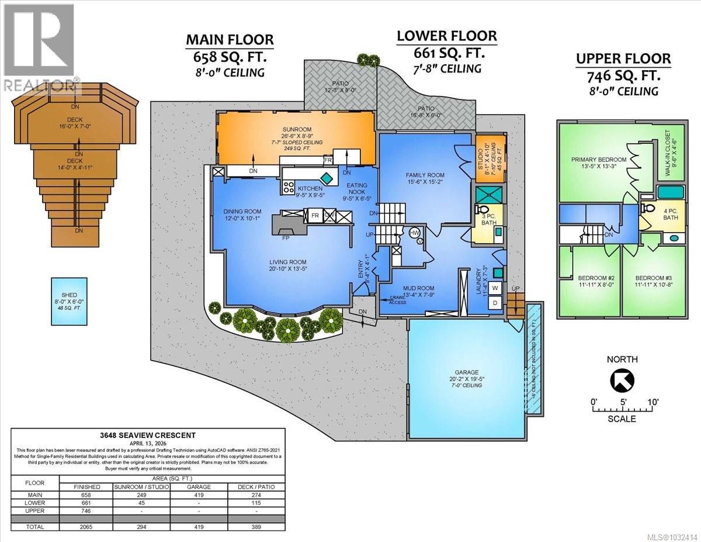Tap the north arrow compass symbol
pos(623,381)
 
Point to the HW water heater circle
pos(414,233)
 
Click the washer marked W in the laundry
pos(494,288)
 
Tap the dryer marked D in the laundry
pos(494,303)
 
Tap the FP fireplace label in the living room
pos(286,239)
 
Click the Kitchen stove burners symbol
pos(289,187)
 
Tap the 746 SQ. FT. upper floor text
pos(624,76)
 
